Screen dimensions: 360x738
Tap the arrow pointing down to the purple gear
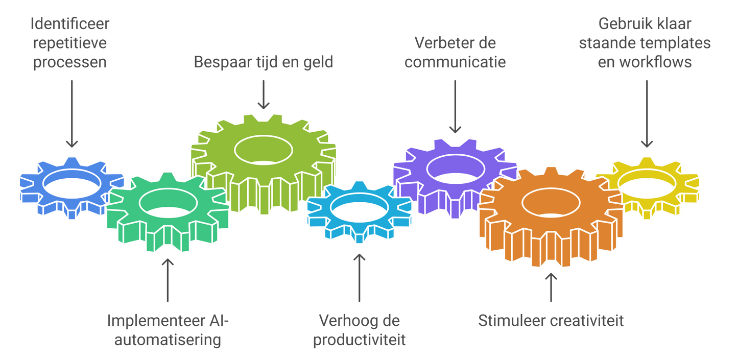tap(455, 107)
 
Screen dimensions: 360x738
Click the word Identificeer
tap(70, 24)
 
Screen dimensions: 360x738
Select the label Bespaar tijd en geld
tap(263, 62)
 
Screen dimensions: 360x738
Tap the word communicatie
tap(455, 62)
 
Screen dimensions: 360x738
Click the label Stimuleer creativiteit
tap(551, 321)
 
